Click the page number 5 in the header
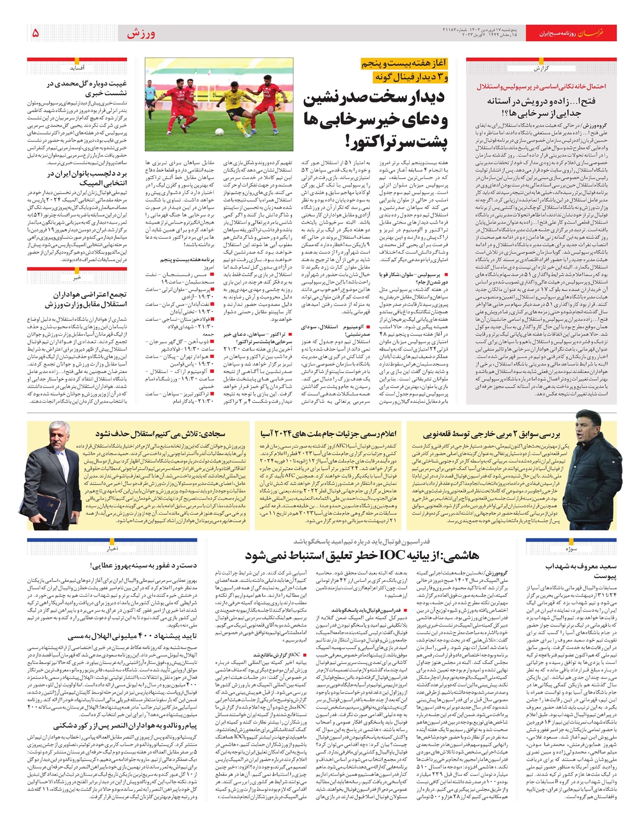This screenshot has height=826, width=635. tap(35, 33)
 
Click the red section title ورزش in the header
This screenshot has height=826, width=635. tap(141, 34)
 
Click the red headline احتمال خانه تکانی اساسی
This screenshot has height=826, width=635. tap(541, 86)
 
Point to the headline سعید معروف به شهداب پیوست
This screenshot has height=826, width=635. tap(581, 571)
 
